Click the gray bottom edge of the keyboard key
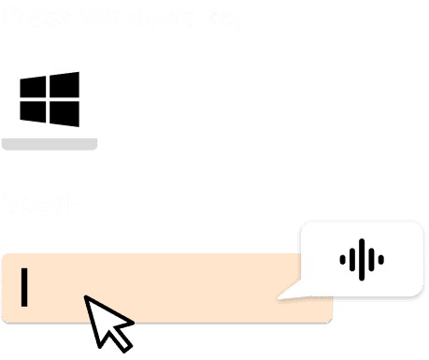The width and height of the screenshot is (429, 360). click(x=50, y=143)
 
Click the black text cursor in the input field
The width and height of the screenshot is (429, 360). click(x=25, y=287)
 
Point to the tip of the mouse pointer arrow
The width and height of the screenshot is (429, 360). click(x=87, y=297)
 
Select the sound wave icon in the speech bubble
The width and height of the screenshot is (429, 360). click(x=360, y=259)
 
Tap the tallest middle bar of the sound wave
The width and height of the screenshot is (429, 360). click(x=360, y=259)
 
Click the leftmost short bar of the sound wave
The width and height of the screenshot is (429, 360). click(x=340, y=259)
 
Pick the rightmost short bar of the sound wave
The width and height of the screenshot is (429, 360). click(x=379, y=259)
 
